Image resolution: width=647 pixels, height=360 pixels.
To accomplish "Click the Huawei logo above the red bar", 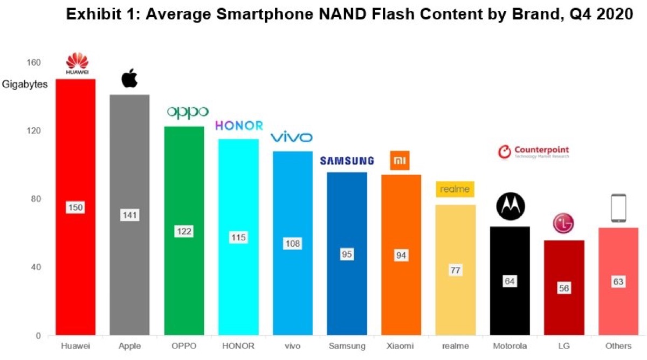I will tap(77, 64).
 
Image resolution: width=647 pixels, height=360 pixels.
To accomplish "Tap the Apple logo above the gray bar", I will tap(129, 79).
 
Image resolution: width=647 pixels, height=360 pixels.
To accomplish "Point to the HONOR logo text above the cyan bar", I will tap(239, 126).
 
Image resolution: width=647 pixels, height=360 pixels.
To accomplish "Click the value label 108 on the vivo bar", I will tap(292, 244).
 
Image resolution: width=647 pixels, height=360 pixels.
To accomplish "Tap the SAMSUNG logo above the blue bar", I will tap(347, 161).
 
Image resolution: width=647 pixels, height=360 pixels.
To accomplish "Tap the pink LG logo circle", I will tap(563, 224).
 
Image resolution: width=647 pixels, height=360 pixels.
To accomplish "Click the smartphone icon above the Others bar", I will tap(618, 208).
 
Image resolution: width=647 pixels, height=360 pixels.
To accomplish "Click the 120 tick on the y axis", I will tap(33, 131).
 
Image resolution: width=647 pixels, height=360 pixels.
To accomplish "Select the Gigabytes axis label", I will tap(25, 84).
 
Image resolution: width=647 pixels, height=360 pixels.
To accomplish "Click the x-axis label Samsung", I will tap(347, 345).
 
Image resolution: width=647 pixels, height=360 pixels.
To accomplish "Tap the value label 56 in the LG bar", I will tap(563, 288).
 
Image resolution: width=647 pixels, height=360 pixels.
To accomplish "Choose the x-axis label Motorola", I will tap(510, 345).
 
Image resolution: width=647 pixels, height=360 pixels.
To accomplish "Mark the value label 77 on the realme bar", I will tap(455, 271).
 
